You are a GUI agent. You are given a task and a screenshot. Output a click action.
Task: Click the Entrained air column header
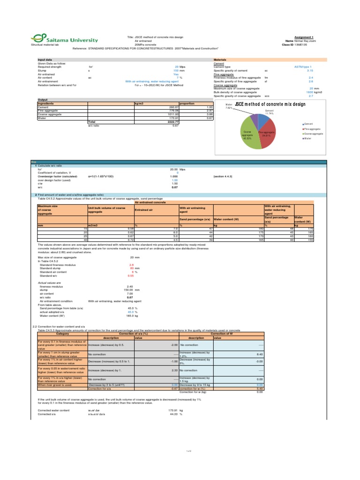click(143, 210)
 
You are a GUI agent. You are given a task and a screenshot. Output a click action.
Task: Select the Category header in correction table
click(62, 333)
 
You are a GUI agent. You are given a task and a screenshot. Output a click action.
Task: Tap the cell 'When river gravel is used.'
click(55, 372)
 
